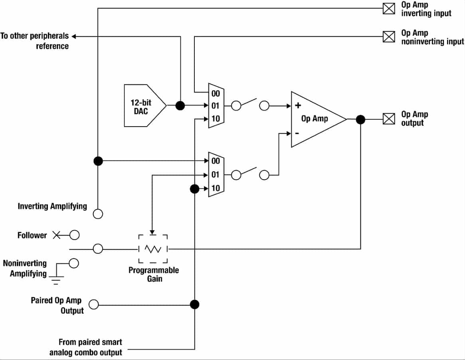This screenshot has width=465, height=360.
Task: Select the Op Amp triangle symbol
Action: coord(315,119)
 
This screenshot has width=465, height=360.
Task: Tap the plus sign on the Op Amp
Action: coord(298,106)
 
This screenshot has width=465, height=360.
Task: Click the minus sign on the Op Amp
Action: coord(297,133)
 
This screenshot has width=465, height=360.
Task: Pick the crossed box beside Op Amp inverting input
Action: coord(389,8)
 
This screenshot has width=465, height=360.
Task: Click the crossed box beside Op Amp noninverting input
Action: coord(389,37)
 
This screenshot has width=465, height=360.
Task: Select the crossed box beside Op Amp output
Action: coord(389,119)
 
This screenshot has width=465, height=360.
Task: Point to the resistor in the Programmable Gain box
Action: coord(153,249)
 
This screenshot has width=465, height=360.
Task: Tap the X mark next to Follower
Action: coord(57,235)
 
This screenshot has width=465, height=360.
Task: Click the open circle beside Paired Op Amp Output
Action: coord(93,305)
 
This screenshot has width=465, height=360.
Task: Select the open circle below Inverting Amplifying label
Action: coord(97,214)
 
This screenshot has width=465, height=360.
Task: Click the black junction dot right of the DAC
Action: coord(180,106)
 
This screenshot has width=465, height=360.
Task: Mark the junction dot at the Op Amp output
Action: coord(360,119)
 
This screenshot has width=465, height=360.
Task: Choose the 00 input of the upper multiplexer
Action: coord(216,93)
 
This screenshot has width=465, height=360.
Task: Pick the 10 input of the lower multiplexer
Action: coord(216,188)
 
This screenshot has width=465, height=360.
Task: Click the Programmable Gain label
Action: coord(154,275)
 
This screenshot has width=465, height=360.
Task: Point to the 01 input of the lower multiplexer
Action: coord(216,174)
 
